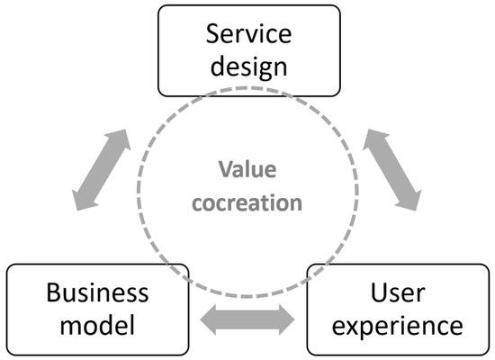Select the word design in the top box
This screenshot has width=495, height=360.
pos(248,68)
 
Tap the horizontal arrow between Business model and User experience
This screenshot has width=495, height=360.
pos(247,318)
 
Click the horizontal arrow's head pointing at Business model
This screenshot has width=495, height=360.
pos(206,318)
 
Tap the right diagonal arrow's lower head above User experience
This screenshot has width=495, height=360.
pos(413,203)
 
